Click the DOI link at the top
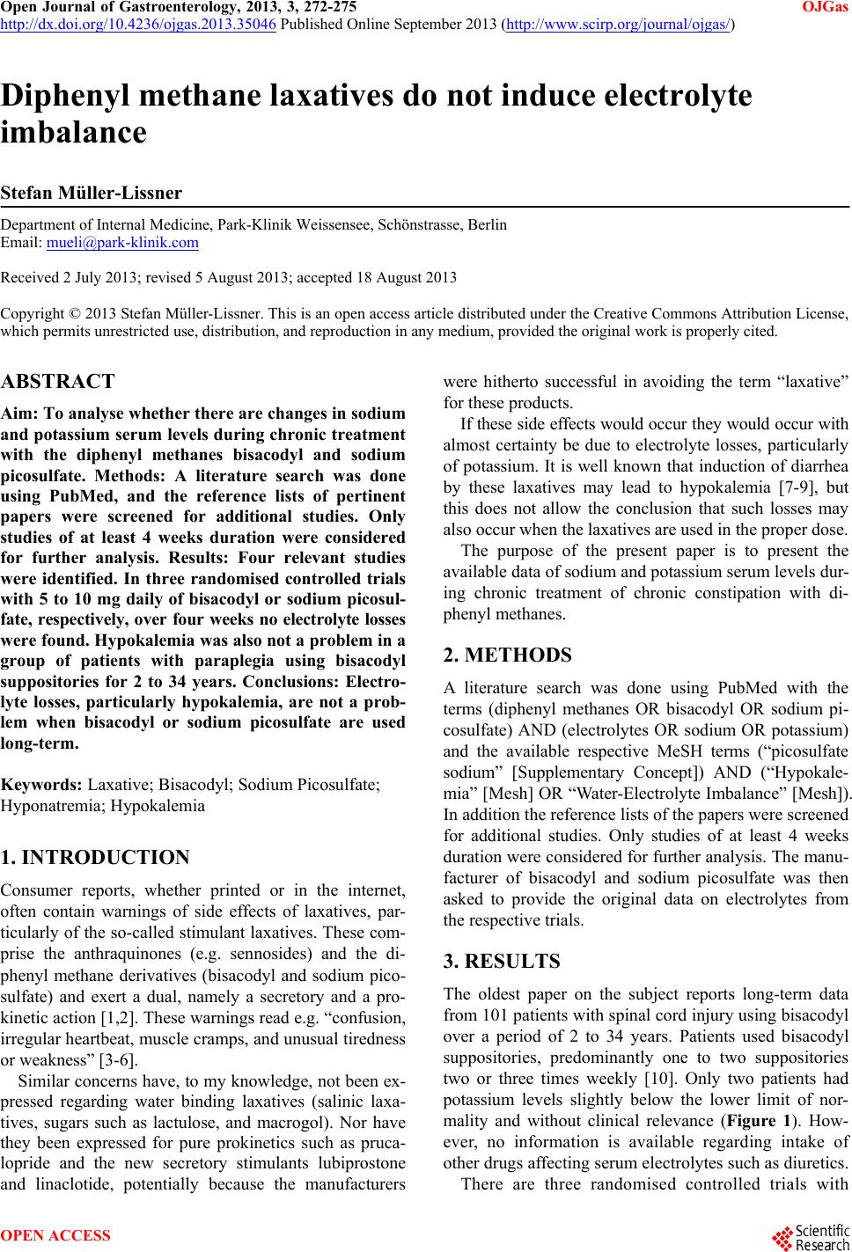tap(139, 24)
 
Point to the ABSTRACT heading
tap(58, 382)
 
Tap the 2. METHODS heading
tap(507, 655)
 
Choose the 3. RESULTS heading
tap(501, 961)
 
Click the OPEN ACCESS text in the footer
tap(56, 1235)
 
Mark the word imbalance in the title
tap(74, 133)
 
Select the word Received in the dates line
tap(28, 278)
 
